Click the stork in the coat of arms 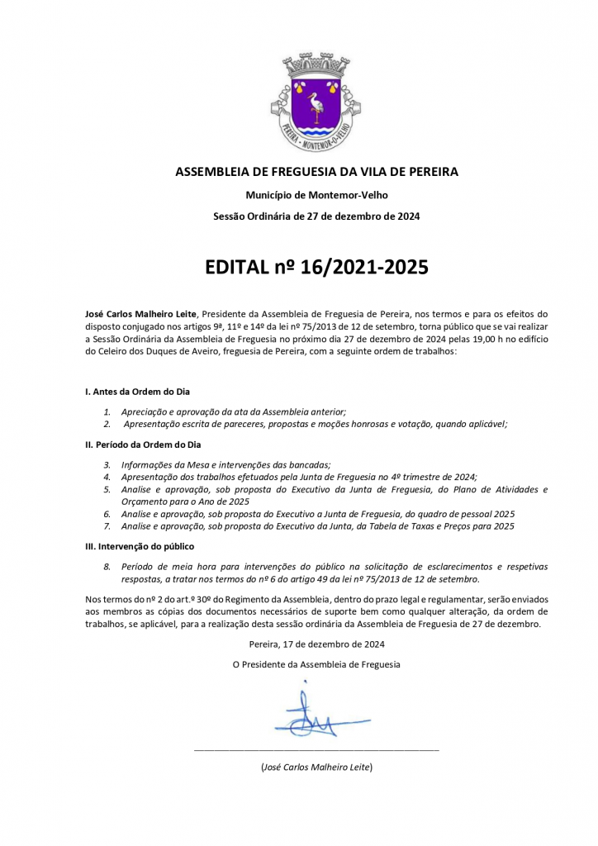click(x=316, y=107)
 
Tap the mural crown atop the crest click(x=316, y=67)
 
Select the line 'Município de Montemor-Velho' click(x=316, y=195)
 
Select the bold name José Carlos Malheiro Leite click(x=141, y=314)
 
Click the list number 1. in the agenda click(x=107, y=411)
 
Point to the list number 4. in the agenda click(x=107, y=477)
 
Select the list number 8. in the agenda click(x=107, y=567)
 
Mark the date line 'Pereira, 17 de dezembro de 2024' click(x=316, y=644)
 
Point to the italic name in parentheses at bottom click(x=316, y=768)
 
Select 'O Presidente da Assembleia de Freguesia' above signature click(x=316, y=664)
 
